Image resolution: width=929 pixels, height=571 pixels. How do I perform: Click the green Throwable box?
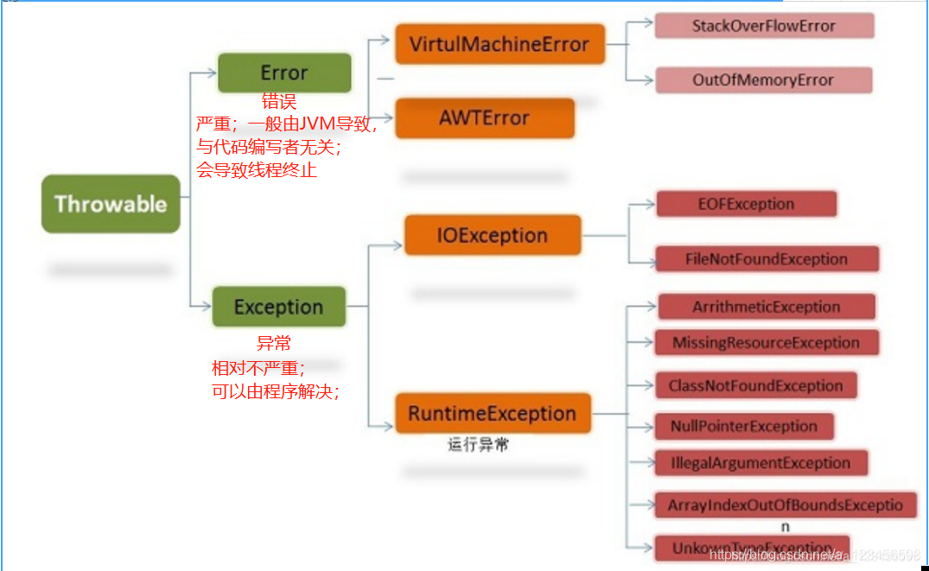tap(111, 204)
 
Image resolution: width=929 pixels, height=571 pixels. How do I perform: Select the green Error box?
tap(284, 73)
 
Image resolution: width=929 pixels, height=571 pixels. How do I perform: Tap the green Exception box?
tap(278, 307)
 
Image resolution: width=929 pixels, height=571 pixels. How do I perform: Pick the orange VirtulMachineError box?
tap(499, 44)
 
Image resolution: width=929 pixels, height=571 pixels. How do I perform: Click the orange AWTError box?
tap(484, 117)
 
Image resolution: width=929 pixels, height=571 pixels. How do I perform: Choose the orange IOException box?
tap(492, 235)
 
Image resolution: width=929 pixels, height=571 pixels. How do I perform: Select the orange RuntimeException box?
tap(492, 413)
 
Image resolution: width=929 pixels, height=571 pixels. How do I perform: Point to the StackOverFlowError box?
tap(763, 26)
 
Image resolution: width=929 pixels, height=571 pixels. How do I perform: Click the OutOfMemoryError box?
tap(762, 80)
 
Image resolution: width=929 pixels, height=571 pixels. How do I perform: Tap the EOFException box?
tap(746, 204)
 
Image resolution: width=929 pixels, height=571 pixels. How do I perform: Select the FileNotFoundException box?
tap(766, 259)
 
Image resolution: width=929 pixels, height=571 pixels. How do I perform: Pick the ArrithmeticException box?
tap(766, 307)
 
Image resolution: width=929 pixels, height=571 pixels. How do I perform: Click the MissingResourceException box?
tap(766, 343)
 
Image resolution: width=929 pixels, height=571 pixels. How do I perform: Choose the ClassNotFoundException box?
tap(755, 385)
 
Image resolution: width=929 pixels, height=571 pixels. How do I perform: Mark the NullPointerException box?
tap(743, 426)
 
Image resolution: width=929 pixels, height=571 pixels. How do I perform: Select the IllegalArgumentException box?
tap(760, 463)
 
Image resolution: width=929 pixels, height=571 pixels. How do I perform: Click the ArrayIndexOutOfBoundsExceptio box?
tap(785, 505)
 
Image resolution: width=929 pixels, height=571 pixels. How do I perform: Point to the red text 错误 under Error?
tap(279, 102)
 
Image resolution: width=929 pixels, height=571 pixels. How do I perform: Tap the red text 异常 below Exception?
tap(274, 343)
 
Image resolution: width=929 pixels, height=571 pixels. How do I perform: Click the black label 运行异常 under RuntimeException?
tap(478, 446)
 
